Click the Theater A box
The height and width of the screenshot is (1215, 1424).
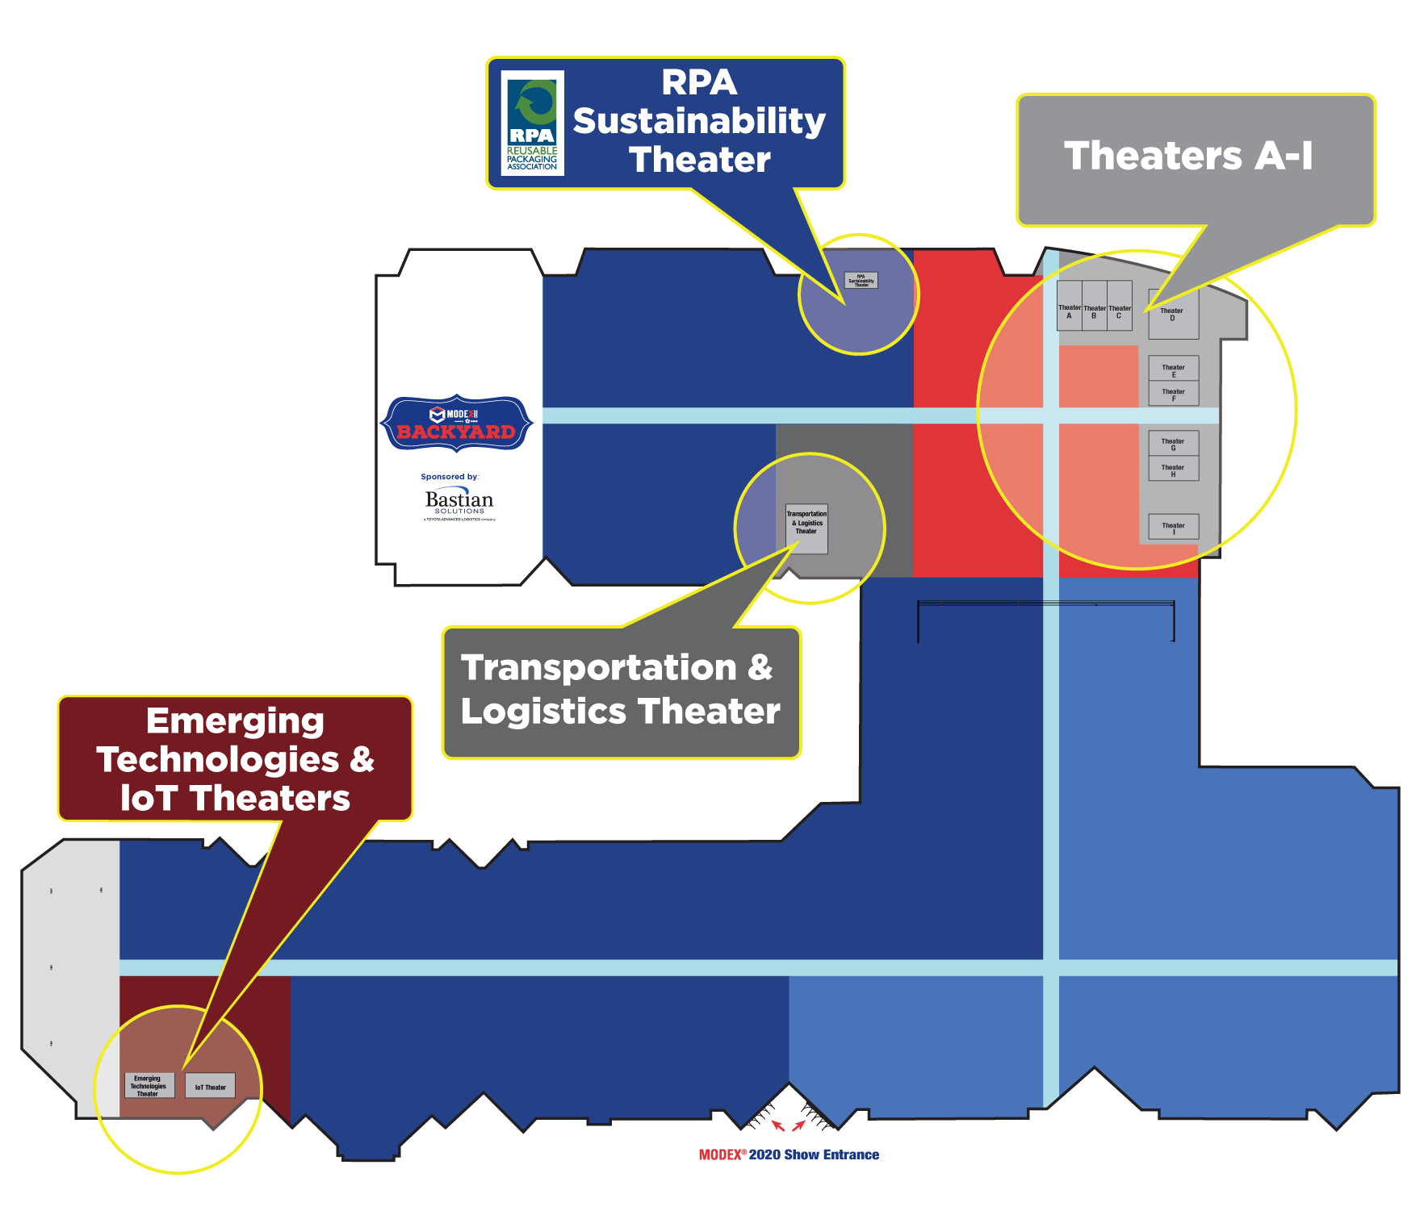1070,306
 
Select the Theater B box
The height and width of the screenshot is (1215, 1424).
1095,306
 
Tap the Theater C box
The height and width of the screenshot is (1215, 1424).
1120,306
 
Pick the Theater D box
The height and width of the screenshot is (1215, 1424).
1173,314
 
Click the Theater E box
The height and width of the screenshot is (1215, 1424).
1174,369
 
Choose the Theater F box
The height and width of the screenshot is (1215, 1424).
1174,393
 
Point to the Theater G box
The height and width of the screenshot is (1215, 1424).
1174,443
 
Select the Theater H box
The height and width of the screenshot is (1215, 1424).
1174,469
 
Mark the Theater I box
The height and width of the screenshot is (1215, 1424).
1174,527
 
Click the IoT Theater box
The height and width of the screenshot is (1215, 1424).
210,1086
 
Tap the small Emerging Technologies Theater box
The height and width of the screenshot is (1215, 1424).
149,1085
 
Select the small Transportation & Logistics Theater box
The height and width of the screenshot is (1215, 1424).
806,528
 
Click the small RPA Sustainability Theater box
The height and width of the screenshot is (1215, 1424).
861,280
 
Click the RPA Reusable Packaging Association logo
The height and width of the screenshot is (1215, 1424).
532,123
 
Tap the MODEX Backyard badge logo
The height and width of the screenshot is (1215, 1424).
457,424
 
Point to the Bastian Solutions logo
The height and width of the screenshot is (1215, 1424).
459,503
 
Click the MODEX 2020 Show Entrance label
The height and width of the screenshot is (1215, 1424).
789,1154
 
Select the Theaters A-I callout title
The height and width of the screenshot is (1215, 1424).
1188,156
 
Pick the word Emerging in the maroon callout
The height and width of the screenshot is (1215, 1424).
235,721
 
